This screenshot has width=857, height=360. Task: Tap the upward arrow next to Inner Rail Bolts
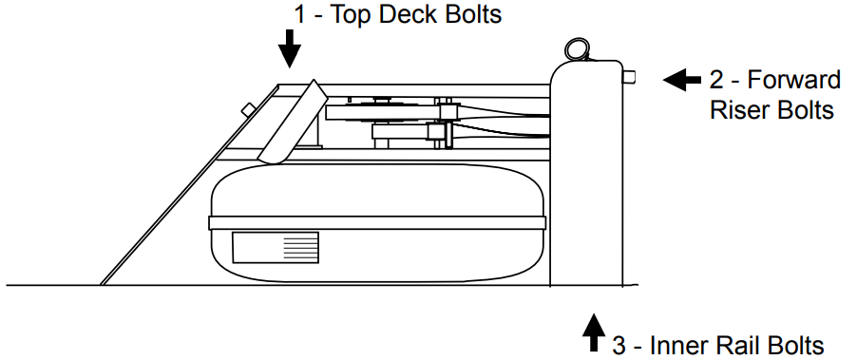[x=594, y=332]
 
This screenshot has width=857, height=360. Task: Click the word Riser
[x=738, y=109]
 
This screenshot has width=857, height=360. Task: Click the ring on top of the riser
[x=576, y=48]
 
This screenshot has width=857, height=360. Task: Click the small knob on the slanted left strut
[x=247, y=108]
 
